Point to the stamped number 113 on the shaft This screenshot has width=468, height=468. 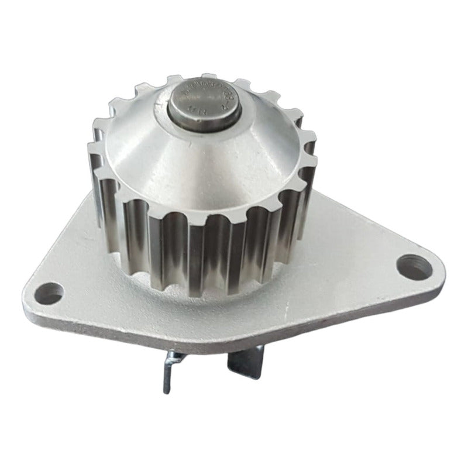[x=194, y=110]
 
